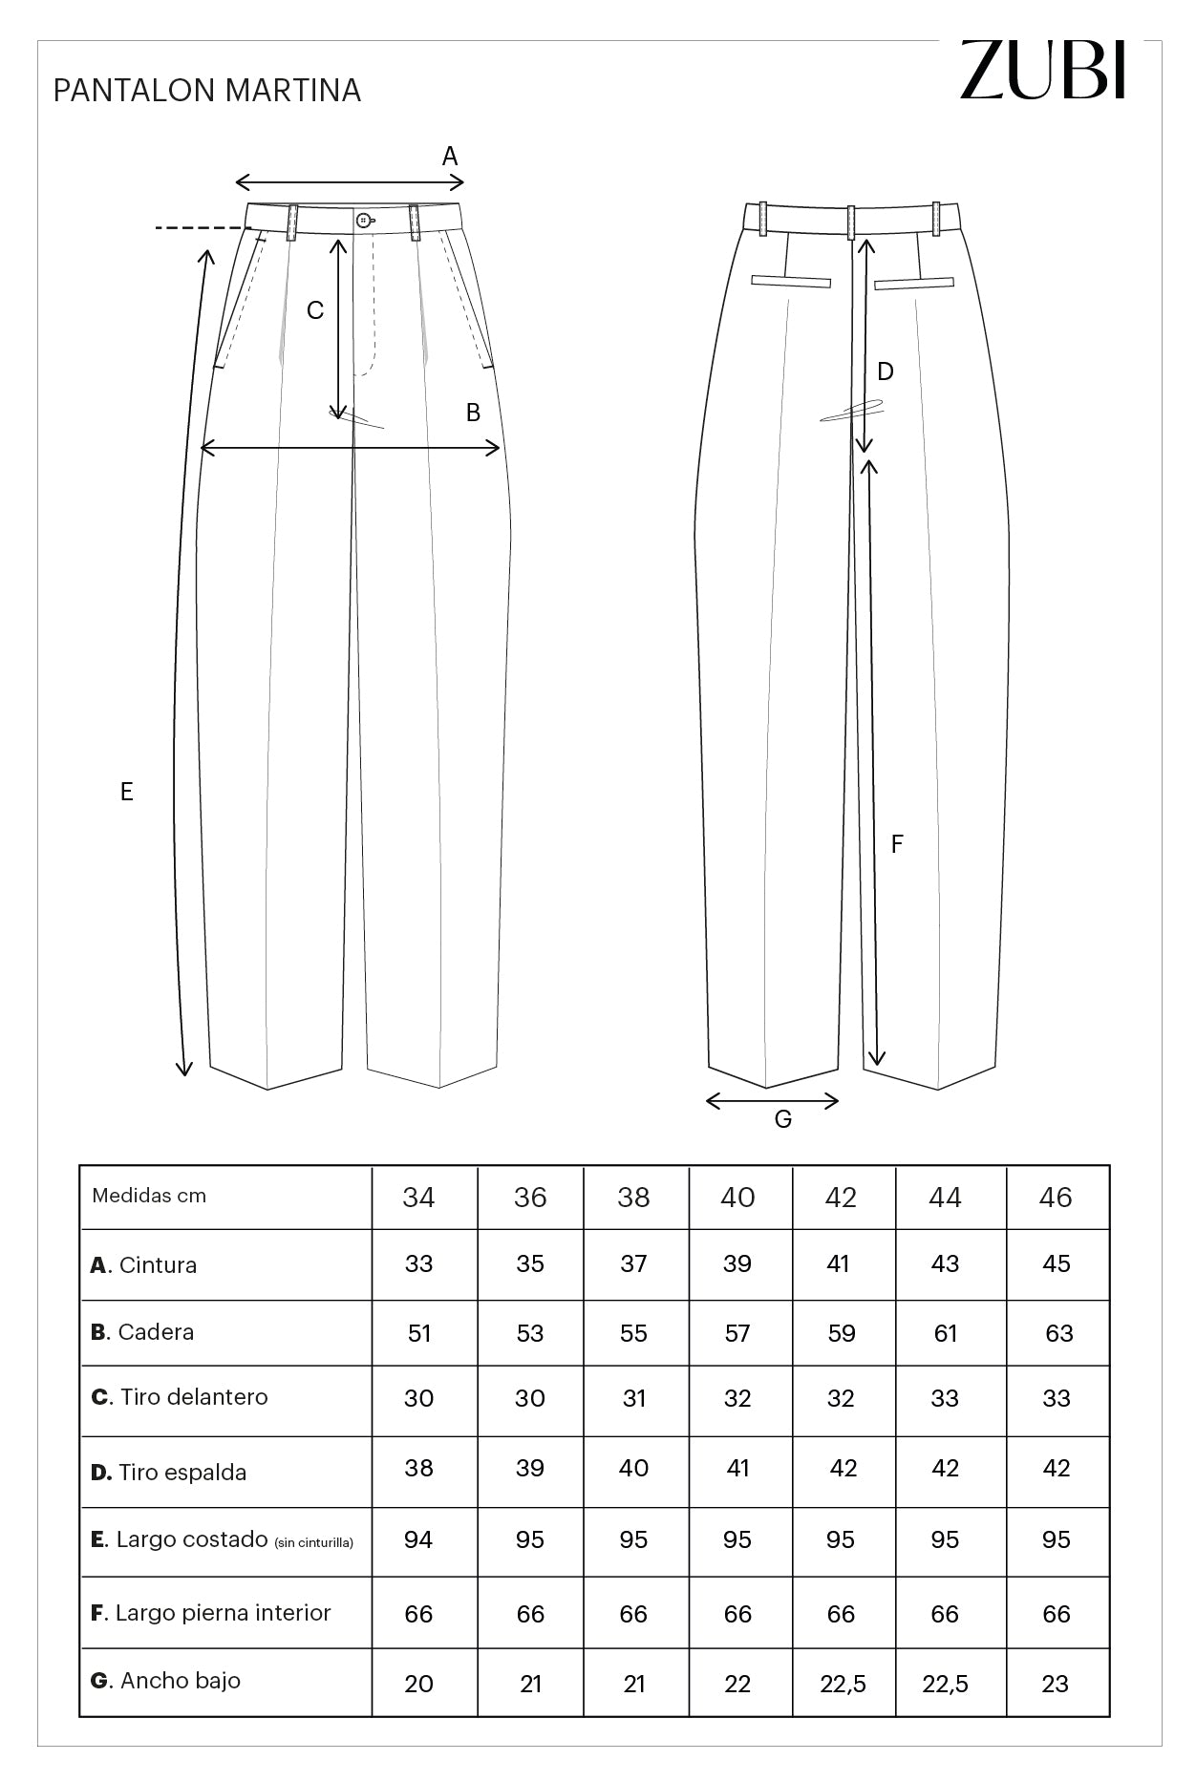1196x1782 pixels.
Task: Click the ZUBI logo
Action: tap(1043, 69)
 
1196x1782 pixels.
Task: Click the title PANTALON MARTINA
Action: tap(207, 91)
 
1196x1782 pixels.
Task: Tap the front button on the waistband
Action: tap(364, 221)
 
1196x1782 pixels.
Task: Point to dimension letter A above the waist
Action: tap(450, 156)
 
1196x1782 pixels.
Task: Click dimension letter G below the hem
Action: tap(783, 1119)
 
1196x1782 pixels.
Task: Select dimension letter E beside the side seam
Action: tap(127, 792)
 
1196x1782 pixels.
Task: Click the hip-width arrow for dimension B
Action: tap(352, 448)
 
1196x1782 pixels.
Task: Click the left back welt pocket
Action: tap(791, 281)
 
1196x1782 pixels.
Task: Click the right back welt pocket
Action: tap(914, 283)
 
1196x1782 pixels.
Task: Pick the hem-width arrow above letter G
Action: tap(772, 1101)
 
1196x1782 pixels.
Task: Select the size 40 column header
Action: tap(737, 1197)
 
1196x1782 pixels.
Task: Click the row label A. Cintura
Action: tap(143, 1265)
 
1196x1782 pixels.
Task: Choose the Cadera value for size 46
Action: tap(1058, 1333)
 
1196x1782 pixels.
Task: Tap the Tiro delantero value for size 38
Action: tap(634, 1398)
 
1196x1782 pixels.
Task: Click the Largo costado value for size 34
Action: tap(418, 1539)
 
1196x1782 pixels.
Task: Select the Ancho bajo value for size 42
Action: tap(843, 1684)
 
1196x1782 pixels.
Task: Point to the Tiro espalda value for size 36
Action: tap(530, 1469)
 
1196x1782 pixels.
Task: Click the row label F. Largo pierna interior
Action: tap(210, 1613)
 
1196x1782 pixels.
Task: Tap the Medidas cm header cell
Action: tap(149, 1196)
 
